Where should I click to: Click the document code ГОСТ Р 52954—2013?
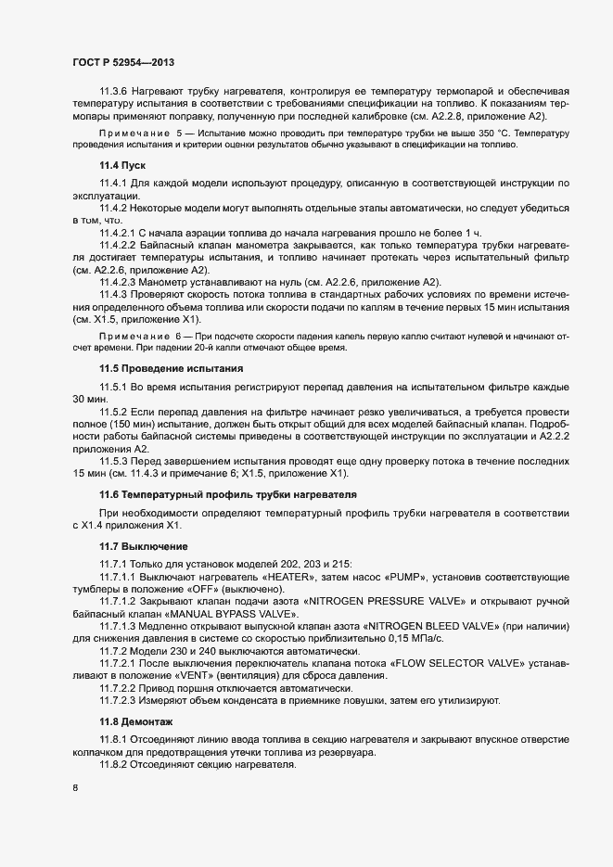(123, 62)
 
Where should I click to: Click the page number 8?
(74, 789)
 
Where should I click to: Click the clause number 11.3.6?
(116, 91)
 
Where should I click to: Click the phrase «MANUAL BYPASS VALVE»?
(226, 614)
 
